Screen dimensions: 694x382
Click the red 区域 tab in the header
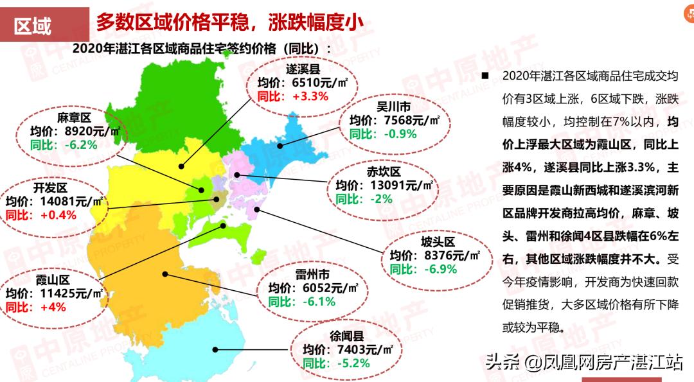click(x=33, y=26)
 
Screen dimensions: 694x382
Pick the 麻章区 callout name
click(x=76, y=117)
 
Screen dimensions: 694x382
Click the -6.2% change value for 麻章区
click(x=80, y=144)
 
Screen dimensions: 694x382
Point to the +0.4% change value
click(x=58, y=214)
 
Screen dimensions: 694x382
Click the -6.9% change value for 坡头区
click(x=440, y=268)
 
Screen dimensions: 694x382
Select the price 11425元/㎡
click(x=70, y=293)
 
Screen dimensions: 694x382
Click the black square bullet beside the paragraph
click(x=486, y=76)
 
